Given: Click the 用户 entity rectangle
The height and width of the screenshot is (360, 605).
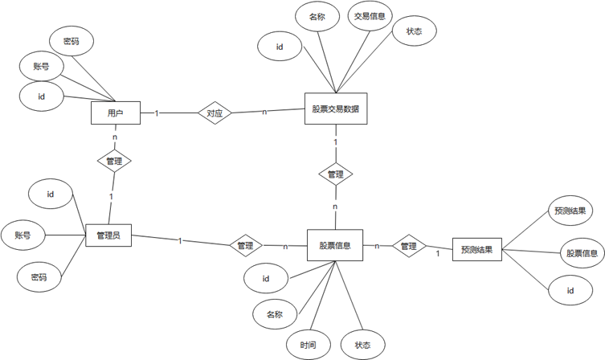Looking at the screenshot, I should (116, 112).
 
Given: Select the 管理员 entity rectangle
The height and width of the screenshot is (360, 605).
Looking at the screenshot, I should (108, 236).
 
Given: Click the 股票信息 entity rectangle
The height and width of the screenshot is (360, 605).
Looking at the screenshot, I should (334, 244).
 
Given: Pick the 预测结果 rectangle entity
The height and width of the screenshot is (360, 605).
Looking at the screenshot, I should (477, 250).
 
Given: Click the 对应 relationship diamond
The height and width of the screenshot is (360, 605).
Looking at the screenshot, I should (215, 113).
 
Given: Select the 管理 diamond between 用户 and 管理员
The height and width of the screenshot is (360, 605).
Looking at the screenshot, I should (113, 162).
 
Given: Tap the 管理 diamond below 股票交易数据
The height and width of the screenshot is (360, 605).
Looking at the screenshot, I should (335, 174).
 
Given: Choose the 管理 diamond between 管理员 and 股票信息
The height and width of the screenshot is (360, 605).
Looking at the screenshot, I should (245, 245).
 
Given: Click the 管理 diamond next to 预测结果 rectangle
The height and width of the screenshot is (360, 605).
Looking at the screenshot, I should (408, 246).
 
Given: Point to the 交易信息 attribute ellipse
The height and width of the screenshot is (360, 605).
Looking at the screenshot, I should (370, 17).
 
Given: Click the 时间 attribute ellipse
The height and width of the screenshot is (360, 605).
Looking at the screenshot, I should (309, 345).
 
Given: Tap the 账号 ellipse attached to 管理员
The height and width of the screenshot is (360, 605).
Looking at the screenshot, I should (22, 235).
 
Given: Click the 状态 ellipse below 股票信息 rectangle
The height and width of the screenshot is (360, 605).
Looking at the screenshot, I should (362, 345).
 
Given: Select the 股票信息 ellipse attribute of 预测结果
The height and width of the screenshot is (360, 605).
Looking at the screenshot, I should (581, 253).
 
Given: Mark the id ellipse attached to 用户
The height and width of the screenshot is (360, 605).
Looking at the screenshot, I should (40, 96).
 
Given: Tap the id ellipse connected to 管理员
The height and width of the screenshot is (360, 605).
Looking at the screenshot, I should (50, 194).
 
